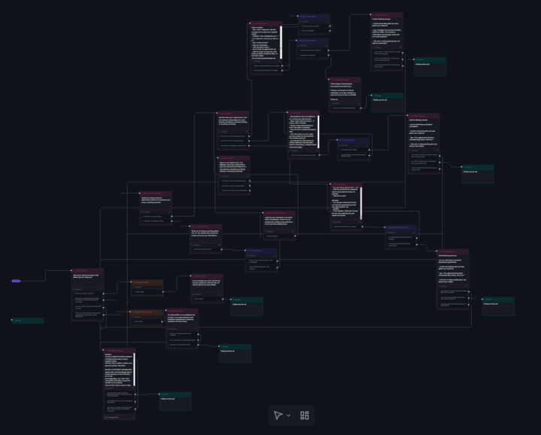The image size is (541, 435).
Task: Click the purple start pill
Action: pos(16,281)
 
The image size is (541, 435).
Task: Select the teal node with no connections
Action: pos(28,321)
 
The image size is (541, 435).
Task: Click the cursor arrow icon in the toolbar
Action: pos(278,415)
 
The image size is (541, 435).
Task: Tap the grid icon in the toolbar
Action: pos(304,415)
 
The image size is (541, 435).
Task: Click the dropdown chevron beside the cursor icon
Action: pos(289,415)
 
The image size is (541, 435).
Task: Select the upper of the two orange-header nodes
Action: pos(147,283)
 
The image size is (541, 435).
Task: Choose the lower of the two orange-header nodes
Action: pos(147,312)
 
